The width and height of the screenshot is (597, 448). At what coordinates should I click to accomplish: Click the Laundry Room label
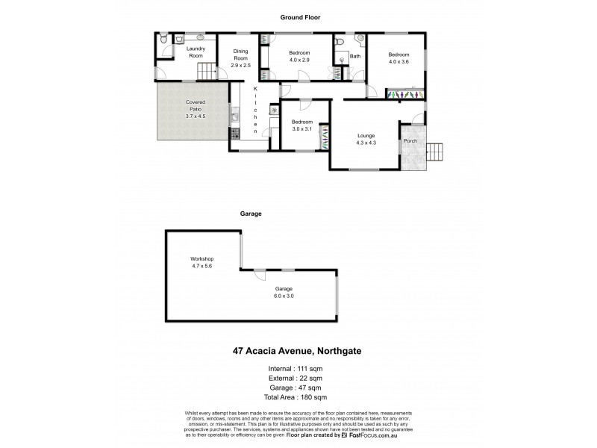[x=196, y=53]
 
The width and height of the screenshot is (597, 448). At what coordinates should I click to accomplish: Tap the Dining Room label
[x=240, y=58]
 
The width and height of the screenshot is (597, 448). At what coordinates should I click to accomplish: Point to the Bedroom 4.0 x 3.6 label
[x=398, y=58]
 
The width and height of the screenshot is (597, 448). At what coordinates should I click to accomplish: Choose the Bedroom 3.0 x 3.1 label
[x=302, y=125]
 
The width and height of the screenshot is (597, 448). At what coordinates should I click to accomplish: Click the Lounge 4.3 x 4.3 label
[x=366, y=139]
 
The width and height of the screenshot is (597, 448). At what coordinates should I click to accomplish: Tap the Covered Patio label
[x=195, y=109]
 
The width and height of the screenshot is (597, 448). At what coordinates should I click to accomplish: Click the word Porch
[x=410, y=141]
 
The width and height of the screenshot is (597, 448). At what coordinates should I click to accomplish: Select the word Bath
[x=355, y=57]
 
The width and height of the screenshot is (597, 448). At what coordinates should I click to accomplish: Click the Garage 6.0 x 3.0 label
[x=283, y=292]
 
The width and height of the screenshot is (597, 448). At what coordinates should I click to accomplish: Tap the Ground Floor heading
[x=301, y=16]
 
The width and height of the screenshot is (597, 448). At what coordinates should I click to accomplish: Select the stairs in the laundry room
[x=206, y=72]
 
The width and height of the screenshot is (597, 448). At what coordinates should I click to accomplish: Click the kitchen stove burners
[x=235, y=134]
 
